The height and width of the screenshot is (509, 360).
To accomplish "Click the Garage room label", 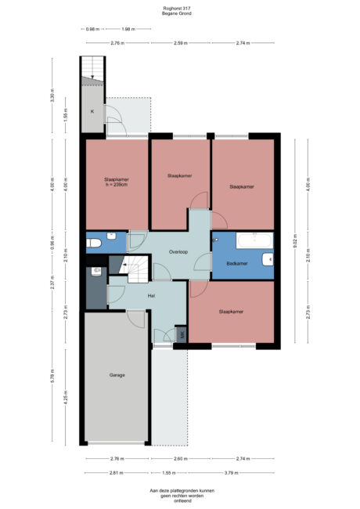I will point(117,375).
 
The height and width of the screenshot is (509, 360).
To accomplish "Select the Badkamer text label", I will point(237,264).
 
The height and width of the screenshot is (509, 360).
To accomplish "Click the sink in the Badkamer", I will point(268,258).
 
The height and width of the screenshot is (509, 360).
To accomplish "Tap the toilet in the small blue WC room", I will point(94,243).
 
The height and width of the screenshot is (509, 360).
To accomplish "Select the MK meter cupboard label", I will point(182,335).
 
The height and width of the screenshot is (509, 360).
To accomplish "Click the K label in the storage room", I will point(92,112).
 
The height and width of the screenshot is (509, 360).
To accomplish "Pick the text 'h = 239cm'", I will point(117,185).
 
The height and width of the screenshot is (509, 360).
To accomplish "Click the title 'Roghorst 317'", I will point(179,9).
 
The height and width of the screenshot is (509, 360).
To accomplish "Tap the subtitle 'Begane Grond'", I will point(179,14).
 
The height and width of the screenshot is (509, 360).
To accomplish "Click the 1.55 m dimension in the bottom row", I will point(168,473).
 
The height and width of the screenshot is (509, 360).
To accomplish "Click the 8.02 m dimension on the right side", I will point(295,240).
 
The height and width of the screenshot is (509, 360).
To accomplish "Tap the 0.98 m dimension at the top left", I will point(93,29).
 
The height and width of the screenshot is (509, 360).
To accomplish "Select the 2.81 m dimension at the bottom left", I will point(116,473).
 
